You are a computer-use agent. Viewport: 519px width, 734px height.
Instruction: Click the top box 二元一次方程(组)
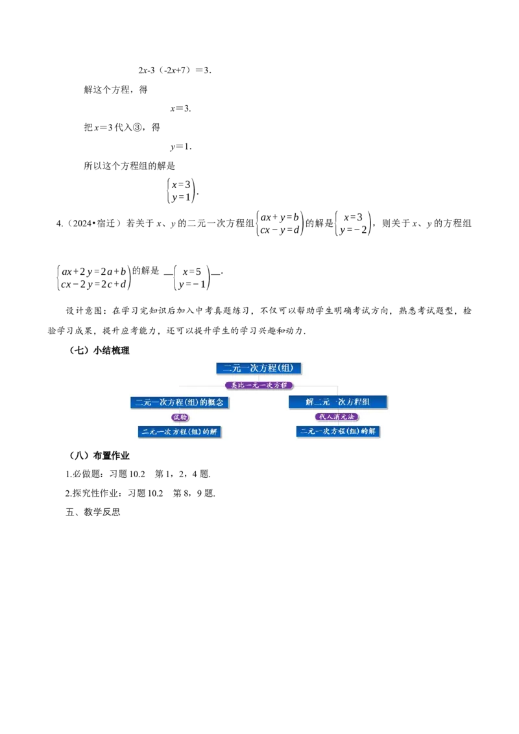(259, 368)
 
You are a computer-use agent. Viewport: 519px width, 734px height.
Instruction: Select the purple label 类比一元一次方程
(259, 385)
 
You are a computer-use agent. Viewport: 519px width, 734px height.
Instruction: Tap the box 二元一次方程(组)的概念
(180, 402)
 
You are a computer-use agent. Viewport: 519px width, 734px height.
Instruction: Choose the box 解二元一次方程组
(337, 402)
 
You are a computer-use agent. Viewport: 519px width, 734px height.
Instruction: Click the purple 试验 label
(180, 417)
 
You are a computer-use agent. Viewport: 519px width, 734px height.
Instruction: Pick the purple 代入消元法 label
(337, 417)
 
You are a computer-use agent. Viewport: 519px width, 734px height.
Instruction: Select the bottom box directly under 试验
(180, 431)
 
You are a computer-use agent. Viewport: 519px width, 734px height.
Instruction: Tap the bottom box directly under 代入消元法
(337, 431)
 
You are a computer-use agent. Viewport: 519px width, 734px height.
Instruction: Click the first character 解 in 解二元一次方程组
(309, 402)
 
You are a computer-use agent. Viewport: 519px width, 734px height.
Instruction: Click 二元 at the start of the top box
(232, 368)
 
